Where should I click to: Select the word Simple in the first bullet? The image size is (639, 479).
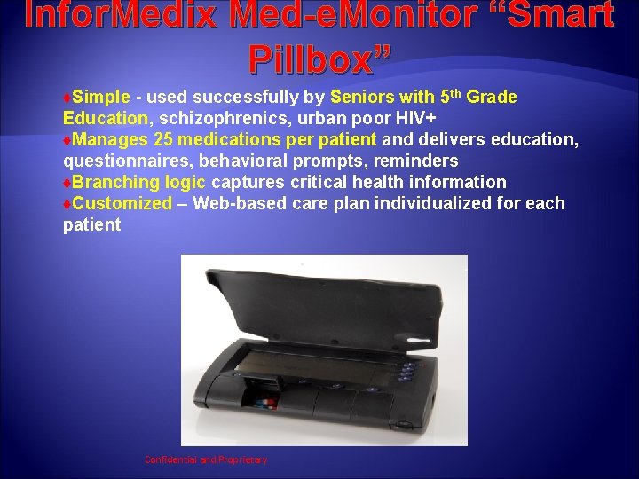[101, 97]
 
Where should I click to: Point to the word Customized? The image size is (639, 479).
[122, 203]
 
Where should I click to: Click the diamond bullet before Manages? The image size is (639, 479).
[67, 140]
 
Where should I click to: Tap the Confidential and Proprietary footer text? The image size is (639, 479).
[206, 459]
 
